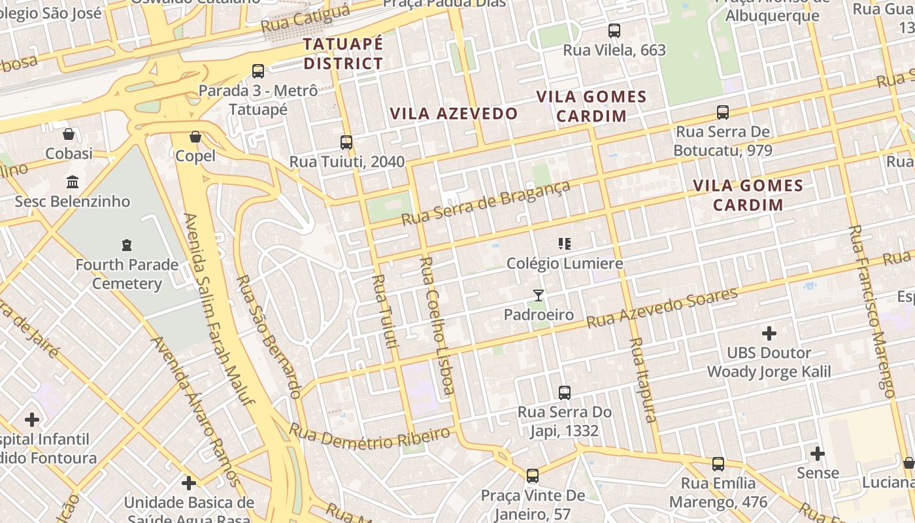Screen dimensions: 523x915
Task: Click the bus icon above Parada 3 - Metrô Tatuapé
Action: click(x=258, y=71)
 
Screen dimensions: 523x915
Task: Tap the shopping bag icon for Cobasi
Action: click(x=69, y=135)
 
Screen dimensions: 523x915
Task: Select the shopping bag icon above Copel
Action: click(x=195, y=137)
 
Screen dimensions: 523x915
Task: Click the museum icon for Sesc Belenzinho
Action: click(x=73, y=182)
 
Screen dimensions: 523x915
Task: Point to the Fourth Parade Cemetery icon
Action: click(x=127, y=245)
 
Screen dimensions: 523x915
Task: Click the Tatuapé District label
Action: click(x=342, y=54)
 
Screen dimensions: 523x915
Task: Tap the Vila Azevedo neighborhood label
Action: click(x=454, y=114)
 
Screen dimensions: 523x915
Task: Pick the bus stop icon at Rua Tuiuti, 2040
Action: click(x=346, y=142)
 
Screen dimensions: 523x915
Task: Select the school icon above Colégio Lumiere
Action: click(x=565, y=244)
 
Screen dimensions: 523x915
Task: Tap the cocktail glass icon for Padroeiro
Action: click(x=539, y=295)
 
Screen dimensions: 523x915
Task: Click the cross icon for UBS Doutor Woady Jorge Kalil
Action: click(x=769, y=333)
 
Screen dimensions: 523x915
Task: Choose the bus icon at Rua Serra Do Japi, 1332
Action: click(x=565, y=393)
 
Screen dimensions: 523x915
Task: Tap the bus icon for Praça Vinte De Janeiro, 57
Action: click(x=533, y=476)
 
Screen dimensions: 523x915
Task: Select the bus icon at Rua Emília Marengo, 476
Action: click(x=718, y=464)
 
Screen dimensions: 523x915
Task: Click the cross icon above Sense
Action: click(x=818, y=453)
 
